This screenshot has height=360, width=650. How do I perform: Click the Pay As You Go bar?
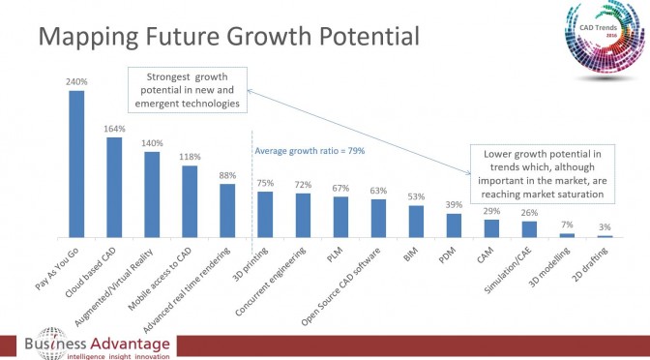76,164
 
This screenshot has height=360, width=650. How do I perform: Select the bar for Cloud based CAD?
114,187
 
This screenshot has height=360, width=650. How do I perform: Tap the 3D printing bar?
265,215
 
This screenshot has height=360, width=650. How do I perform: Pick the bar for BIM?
416,222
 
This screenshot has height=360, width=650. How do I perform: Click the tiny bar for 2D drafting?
605,236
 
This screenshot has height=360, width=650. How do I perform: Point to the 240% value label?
76,81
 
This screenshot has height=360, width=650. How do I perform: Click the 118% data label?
190,157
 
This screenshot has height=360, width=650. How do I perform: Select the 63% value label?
378,191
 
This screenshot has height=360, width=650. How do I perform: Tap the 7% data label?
567,225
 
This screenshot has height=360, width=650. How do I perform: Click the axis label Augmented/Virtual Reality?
114,287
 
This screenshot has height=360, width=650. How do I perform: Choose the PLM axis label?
334,255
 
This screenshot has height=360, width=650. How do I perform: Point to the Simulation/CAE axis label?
511,270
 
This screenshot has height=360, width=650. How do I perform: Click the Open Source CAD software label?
340,286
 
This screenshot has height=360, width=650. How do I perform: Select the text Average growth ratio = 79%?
310,151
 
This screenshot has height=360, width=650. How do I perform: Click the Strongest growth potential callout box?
188,90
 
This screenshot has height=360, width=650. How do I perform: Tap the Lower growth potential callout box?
543,174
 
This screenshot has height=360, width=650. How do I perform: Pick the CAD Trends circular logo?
605,38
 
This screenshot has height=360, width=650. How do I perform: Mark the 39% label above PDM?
454,204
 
